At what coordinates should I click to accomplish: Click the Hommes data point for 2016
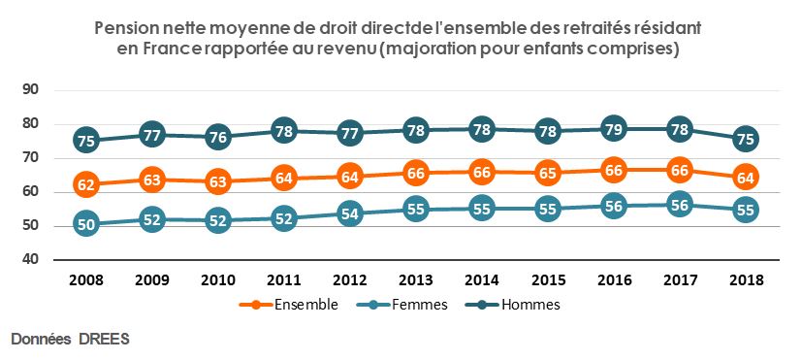[x=613, y=128]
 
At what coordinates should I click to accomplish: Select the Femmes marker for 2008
[x=85, y=223]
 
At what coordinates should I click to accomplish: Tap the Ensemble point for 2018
[x=745, y=177]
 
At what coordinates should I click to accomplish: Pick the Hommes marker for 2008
[x=85, y=140]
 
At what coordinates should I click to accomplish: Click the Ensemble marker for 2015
[x=547, y=174]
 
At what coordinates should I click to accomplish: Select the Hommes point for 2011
[x=283, y=130]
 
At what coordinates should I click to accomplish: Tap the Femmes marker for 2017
[x=679, y=204]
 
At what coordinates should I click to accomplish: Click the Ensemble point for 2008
[x=85, y=183]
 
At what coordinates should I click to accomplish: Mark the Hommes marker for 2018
[x=745, y=139]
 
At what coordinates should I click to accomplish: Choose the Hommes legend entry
[x=530, y=304]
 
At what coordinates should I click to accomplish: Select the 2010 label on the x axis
[x=217, y=280]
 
